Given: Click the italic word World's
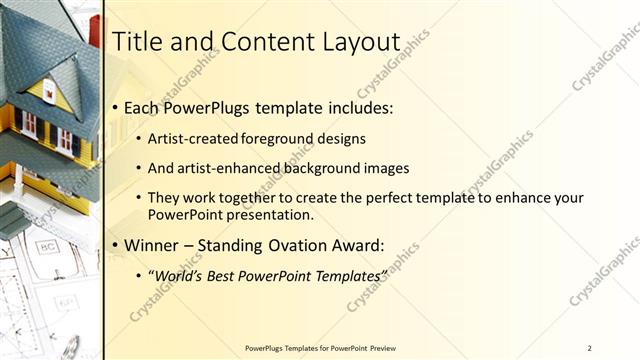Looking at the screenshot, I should click(180, 275).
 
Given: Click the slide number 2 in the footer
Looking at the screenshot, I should click(590, 348).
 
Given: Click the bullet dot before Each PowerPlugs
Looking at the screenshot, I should click(116, 107).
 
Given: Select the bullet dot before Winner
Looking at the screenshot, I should click(116, 245).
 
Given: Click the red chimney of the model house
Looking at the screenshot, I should click(95, 31).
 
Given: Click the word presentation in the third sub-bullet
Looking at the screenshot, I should click(274, 214).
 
